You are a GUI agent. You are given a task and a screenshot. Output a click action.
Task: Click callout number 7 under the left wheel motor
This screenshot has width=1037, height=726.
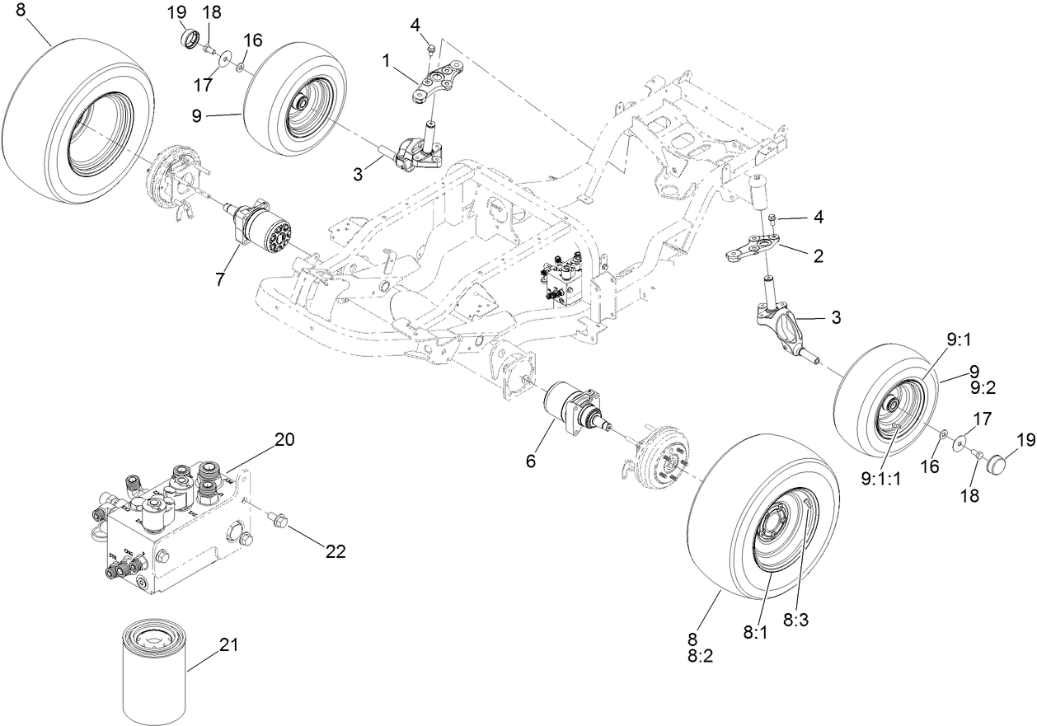click(220, 279)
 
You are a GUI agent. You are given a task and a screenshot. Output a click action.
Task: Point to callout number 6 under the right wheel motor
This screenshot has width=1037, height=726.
click(530, 461)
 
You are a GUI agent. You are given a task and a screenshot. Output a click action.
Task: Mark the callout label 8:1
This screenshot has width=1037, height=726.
click(756, 632)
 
